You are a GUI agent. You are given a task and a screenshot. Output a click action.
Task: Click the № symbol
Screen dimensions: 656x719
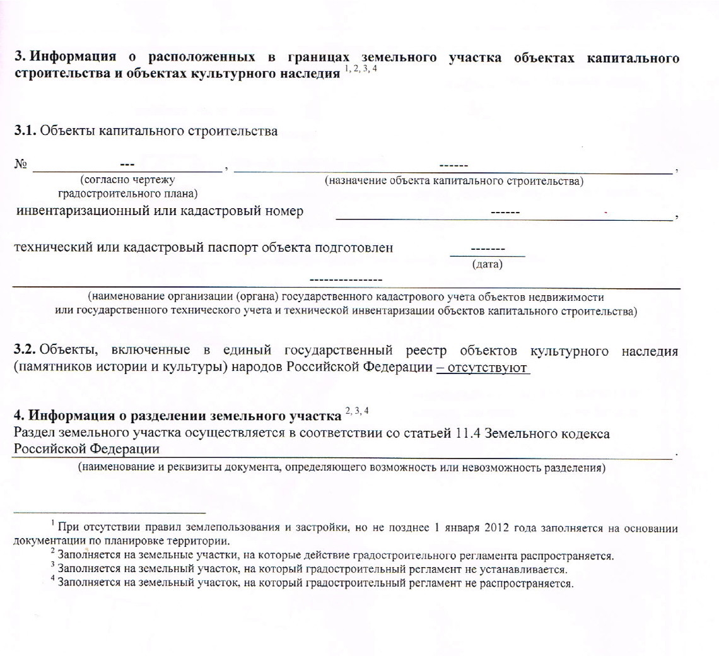(21, 165)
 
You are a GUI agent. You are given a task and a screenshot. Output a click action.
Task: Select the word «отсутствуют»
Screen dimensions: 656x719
(488, 368)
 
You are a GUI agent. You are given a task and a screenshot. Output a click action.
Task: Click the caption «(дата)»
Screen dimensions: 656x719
(487, 265)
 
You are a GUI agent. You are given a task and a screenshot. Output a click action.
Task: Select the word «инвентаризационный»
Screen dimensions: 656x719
(81, 211)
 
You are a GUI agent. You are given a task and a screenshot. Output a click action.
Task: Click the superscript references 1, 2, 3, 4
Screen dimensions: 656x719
(361, 68)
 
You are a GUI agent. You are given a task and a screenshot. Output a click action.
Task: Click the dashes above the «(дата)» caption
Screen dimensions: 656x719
(488, 250)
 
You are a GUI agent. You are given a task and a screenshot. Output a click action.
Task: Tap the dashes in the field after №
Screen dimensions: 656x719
(127, 165)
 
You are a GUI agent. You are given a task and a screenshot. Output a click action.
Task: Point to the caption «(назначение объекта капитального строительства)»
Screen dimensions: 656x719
(453, 182)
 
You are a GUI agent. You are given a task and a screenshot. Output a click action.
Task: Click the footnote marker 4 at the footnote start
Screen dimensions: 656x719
(53, 579)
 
